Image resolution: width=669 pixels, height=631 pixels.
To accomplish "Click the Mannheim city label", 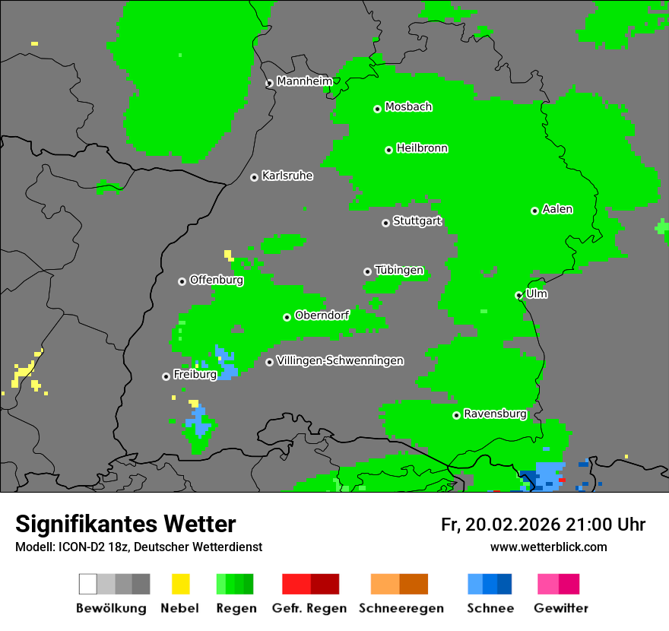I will coord(304,81).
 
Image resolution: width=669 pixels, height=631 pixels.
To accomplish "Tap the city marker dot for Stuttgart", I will coord(385,223).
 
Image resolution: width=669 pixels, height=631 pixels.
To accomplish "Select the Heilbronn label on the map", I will coord(422,148).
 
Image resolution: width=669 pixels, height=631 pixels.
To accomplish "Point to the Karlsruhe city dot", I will coord(254,177).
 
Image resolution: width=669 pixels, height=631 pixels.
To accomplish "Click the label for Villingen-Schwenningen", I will coord(340,360).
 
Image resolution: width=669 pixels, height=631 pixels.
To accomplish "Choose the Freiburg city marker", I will coord(166,376).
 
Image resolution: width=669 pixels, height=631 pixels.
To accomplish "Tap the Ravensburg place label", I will coord(495,414).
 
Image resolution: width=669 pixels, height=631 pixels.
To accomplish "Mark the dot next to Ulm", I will coord(518,295).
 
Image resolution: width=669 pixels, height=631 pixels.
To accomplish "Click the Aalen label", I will coord(557,209).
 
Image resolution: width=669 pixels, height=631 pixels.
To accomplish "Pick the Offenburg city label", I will coord(217,280).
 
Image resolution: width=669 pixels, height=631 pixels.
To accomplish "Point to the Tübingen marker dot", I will coord(367,271).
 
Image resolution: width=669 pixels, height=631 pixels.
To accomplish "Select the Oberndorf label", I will coord(322,315).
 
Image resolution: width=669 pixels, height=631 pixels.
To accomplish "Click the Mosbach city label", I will coord(408,107).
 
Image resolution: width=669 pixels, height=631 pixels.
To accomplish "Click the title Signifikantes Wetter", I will coord(125,524).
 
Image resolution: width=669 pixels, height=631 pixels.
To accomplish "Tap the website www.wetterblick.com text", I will coord(548,547).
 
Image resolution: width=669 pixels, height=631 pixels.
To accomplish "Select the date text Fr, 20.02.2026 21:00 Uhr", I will coord(543,525).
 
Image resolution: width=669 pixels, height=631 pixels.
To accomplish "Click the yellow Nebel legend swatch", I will coord(180,584).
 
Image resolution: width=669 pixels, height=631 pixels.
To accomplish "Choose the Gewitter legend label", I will coord(560,608).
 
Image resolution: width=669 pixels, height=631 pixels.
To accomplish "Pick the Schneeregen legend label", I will coord(401,608).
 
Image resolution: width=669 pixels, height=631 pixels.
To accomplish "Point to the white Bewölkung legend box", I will coord(88,584).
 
